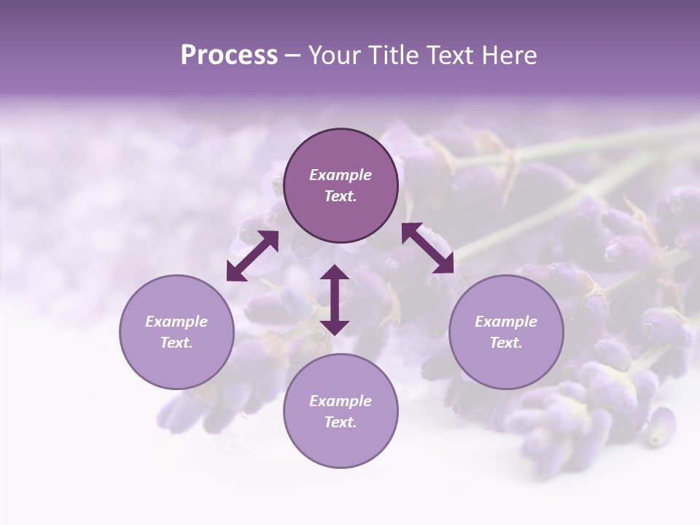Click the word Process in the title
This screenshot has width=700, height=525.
point(229,55)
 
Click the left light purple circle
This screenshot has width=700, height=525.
point(176,332)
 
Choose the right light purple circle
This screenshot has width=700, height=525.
point(506,332)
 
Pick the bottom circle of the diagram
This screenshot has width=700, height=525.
point(341,411)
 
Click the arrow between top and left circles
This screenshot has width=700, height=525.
point(252,256)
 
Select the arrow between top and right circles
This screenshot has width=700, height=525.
point(428,248)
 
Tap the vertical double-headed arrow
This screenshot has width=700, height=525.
point(335,300)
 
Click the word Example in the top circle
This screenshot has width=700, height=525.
point(341,175)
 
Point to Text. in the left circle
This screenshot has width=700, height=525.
point(176,343)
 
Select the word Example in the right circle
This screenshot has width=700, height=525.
point(506,322)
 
